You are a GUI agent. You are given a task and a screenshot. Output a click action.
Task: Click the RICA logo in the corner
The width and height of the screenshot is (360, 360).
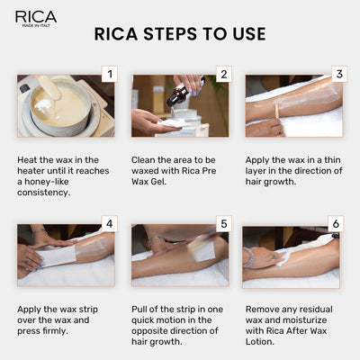(36, 17)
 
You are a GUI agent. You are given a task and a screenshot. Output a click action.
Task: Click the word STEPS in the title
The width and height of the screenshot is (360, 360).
(179, 34)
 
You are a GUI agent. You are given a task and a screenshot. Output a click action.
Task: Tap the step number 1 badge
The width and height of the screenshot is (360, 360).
(110, 74)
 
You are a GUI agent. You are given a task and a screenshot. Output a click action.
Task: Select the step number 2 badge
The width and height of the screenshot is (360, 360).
(224, 74)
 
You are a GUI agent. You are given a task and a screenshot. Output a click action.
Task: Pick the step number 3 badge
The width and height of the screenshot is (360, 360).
(337, 74)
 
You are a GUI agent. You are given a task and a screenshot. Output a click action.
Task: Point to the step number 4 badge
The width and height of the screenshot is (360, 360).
(110, 224)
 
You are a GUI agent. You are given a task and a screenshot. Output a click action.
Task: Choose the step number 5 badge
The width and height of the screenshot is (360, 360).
(224, 224)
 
